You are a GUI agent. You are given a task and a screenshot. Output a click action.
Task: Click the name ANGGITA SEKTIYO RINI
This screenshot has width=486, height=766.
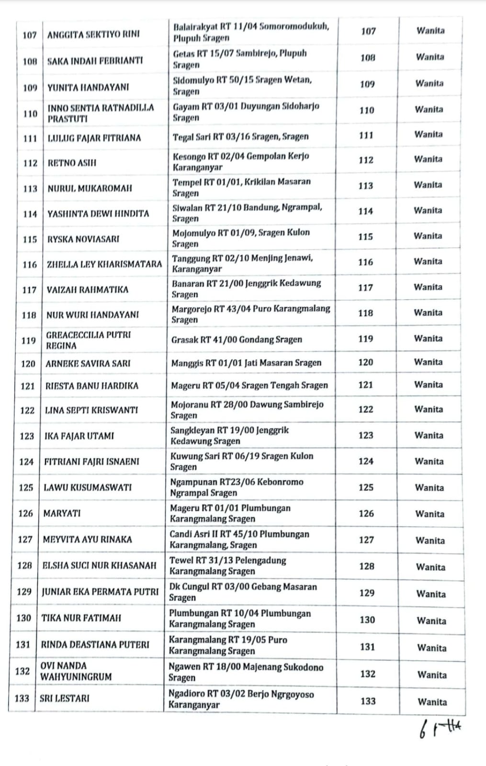click(93, 34)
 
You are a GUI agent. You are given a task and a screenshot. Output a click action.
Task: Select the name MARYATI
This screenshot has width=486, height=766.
click(62, 513)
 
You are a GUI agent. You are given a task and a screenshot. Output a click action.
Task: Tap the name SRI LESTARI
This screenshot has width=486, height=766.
click(64, 698)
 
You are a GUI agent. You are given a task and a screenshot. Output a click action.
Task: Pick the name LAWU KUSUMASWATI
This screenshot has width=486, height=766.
click(88, 487)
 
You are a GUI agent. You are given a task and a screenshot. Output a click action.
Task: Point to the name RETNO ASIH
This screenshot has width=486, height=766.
click(72, 163)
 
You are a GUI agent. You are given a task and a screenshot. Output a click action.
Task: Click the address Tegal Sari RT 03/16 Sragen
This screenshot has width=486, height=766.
click(240, 137)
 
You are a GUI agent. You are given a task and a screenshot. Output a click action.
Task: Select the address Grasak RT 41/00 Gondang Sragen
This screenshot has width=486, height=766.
click(237, 340)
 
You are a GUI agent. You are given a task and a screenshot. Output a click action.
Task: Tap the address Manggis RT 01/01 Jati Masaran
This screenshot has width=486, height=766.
click(246, 363)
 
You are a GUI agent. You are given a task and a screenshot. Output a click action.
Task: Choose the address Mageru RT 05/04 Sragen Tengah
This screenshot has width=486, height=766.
click(249, 385)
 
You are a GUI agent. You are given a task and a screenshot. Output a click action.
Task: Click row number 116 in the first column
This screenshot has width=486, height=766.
click(30, 264)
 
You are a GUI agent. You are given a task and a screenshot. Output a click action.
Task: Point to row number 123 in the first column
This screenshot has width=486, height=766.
click(27, 436)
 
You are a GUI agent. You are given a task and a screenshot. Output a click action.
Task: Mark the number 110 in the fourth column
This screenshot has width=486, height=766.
click(367, 110)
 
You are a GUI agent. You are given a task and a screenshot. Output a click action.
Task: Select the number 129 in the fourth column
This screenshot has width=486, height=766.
click(367, 593)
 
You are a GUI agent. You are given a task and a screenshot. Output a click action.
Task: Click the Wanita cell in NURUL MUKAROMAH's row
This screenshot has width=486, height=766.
click(428, 185)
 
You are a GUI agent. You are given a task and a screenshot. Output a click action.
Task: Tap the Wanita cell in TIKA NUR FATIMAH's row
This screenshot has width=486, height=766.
click(431, 621)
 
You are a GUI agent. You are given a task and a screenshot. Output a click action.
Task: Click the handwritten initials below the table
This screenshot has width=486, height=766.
click(440, 730)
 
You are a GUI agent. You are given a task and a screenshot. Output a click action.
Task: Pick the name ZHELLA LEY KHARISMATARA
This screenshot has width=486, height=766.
click(104, 264)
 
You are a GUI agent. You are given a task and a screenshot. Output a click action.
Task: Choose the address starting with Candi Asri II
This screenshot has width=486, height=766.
click(239, 540)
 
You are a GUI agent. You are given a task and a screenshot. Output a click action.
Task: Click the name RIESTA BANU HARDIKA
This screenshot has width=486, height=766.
click(92, 386)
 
